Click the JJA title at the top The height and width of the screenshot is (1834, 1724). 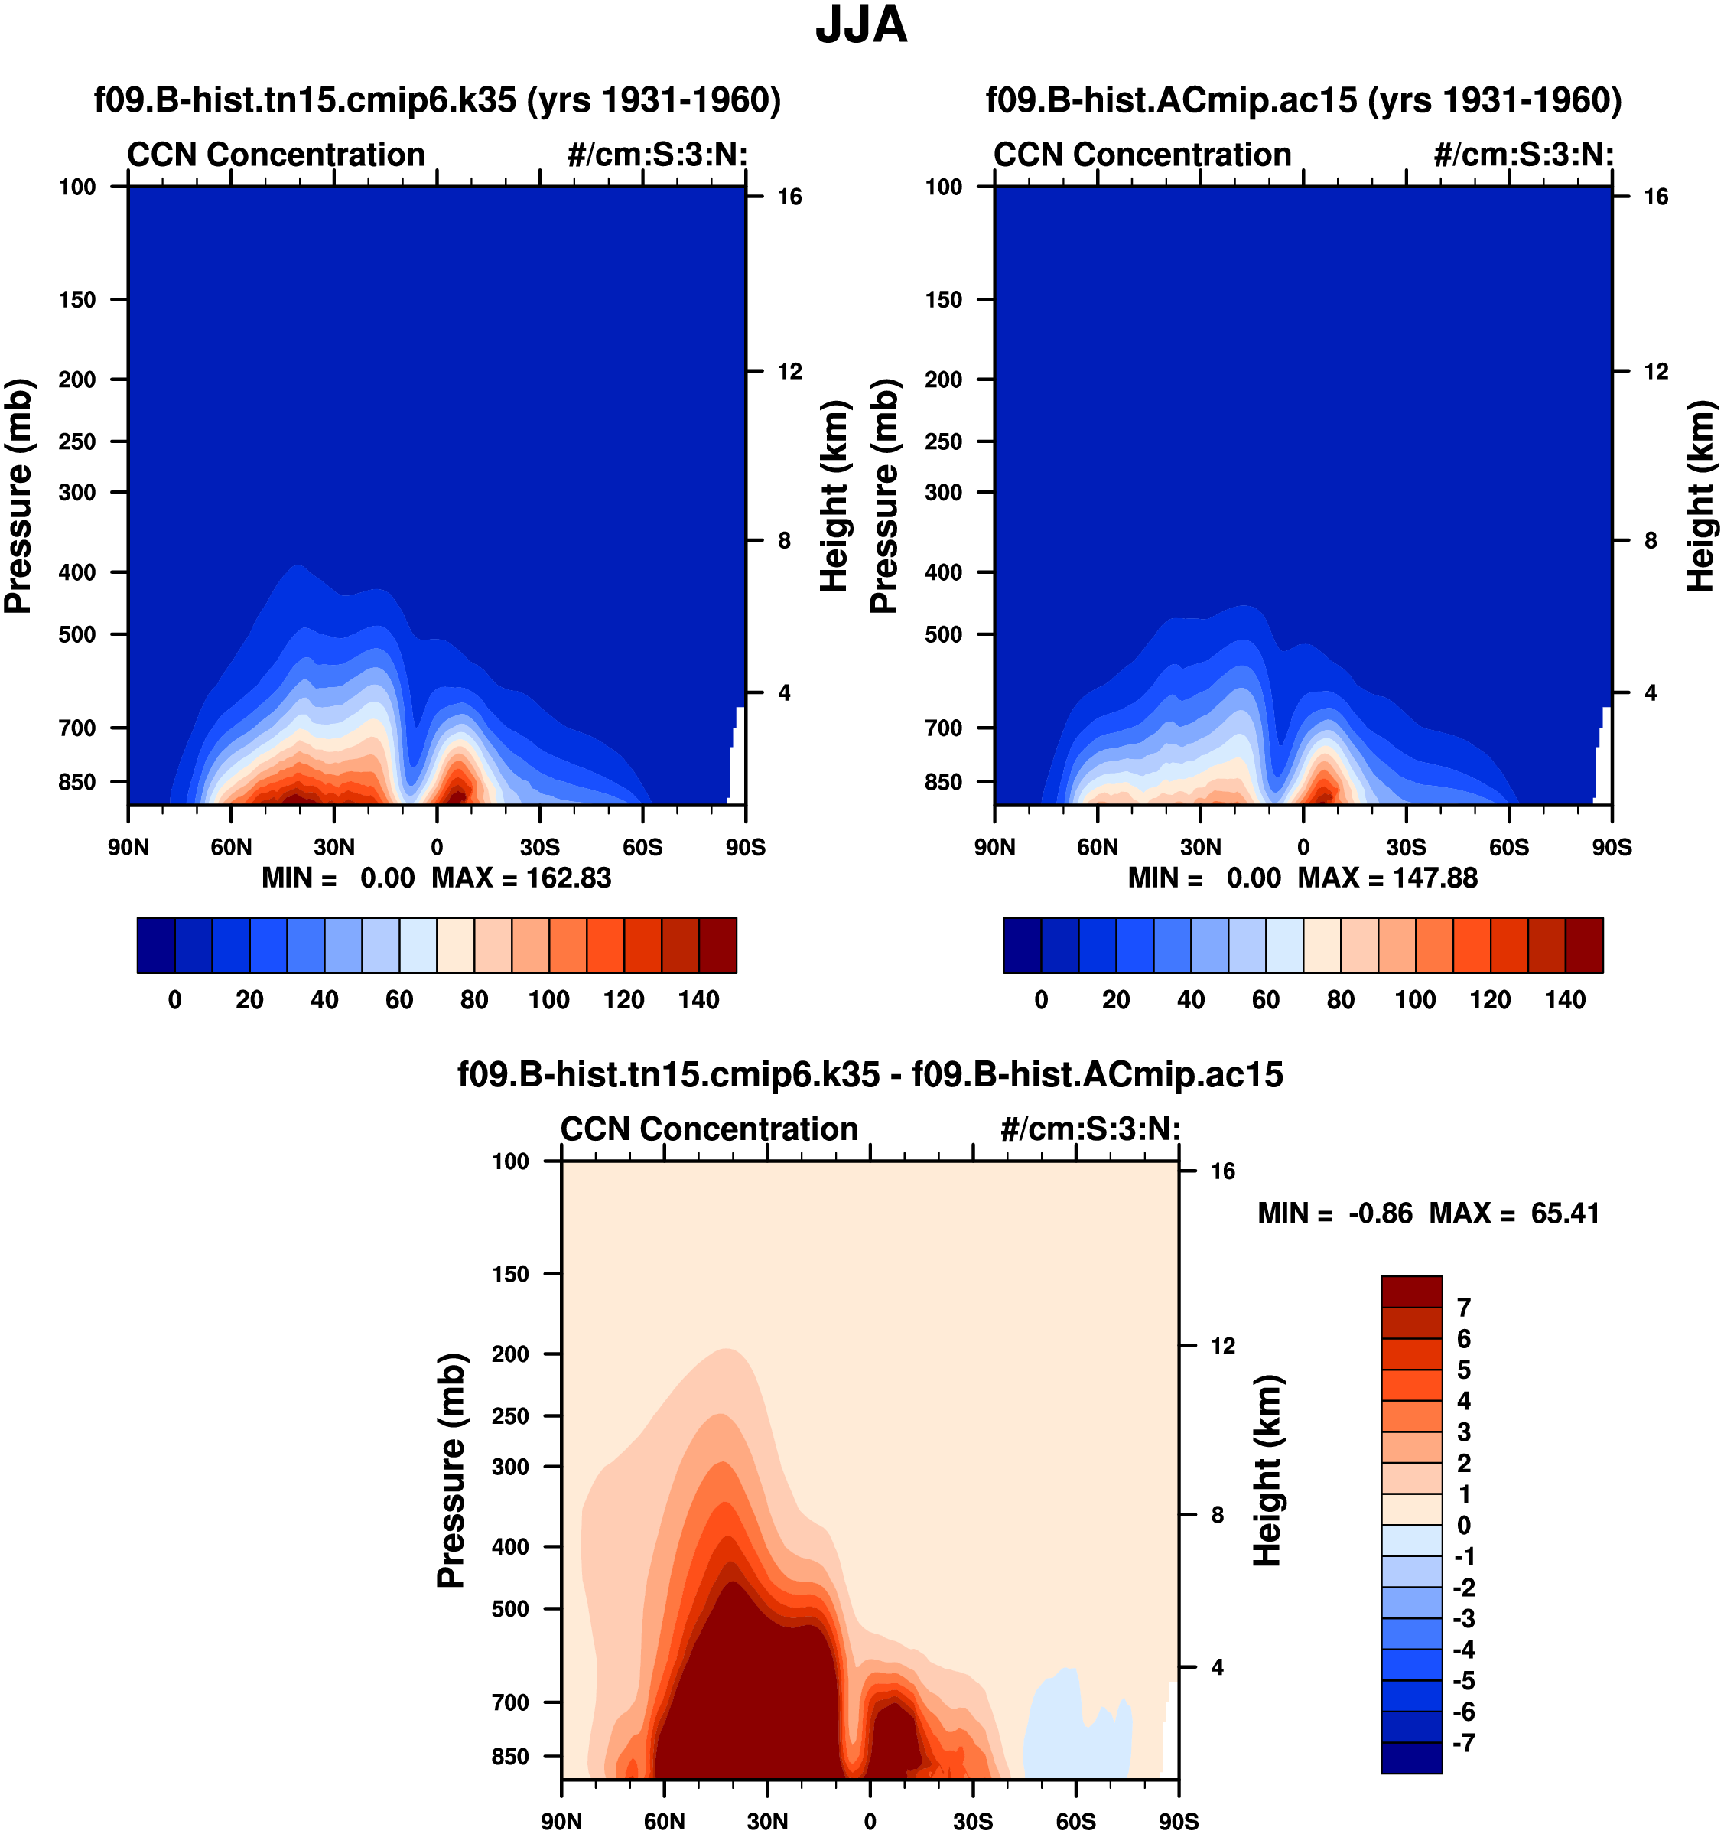pyautogui.click(x=861, y=26)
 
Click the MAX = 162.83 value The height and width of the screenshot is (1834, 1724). pyautogui.click(x=521, y=878)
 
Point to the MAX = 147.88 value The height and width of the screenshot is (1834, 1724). pyautogui.click(x=1387, y=878)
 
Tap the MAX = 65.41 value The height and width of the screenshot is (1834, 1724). pyautogui.click(x=1514, y=1213)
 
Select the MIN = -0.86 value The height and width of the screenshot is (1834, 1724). pyautogui.click(x=1335, y=1213)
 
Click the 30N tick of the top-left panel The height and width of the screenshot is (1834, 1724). pyautogui.click(x=334, y=847)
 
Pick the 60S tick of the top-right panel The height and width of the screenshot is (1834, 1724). pyautogui.click(x=1509, y=847)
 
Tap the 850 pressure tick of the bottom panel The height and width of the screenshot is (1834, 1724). pyautogui.click(x=511, y=1757)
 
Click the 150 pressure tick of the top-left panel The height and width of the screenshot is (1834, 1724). pyautogui.click(x=77, y=300)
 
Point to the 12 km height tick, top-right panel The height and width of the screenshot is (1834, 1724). pyautogui.click(x=1656, y=372)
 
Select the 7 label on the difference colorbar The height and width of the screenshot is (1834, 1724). pyautogui.click(x=1463, y=1308)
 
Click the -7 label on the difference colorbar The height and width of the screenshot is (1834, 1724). pyautogui.click(x=1463, y=1744)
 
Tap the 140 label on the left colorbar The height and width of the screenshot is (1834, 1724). pyautogui.click(x=698, y=1000)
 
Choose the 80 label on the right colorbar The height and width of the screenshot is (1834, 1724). pyautogui.click(x=1340, y=1000)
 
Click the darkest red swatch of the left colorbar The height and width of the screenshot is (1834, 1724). pyautogui.click(x=717, y=946)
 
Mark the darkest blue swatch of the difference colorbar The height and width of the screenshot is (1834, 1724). pyautogui.click(x=1411, y=1757)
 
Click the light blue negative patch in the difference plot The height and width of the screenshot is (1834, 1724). pyautogui.click(x=1075, y=1735)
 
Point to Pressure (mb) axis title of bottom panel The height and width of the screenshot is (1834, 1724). pyautogui.click(x=451, y=1471)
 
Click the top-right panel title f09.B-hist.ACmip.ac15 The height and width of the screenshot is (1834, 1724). pyautogui.click(x=1303, y=99)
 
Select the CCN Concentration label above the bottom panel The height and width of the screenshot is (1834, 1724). pyautogui.click(x=709, y=1129)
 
